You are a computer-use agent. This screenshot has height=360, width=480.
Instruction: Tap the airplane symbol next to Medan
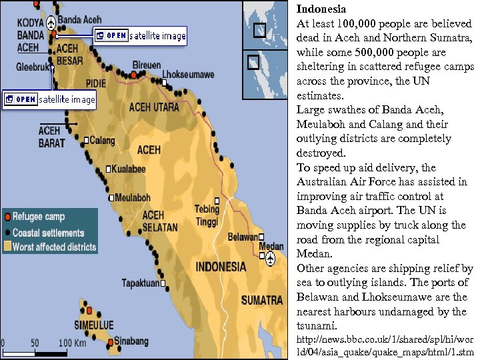point(271,259)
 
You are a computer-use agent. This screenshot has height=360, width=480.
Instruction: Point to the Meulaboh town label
point(133,197)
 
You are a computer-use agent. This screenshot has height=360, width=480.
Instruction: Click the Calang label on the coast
point(102,141)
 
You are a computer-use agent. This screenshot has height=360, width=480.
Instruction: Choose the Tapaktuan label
point(141,283)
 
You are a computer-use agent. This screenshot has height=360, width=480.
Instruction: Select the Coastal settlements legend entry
point(49,233)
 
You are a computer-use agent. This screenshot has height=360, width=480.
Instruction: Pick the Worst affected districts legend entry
point(55,247)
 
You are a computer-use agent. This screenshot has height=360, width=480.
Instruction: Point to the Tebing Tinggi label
point(207,215)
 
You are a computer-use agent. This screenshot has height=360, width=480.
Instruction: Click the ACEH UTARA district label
point(154,107)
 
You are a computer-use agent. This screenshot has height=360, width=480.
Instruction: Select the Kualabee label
point(129,169)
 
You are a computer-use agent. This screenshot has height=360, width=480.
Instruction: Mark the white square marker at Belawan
point(262,237)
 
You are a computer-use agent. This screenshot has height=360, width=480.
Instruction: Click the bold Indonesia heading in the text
point(321,9)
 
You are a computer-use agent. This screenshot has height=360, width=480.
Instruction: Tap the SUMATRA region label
point(262,301)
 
